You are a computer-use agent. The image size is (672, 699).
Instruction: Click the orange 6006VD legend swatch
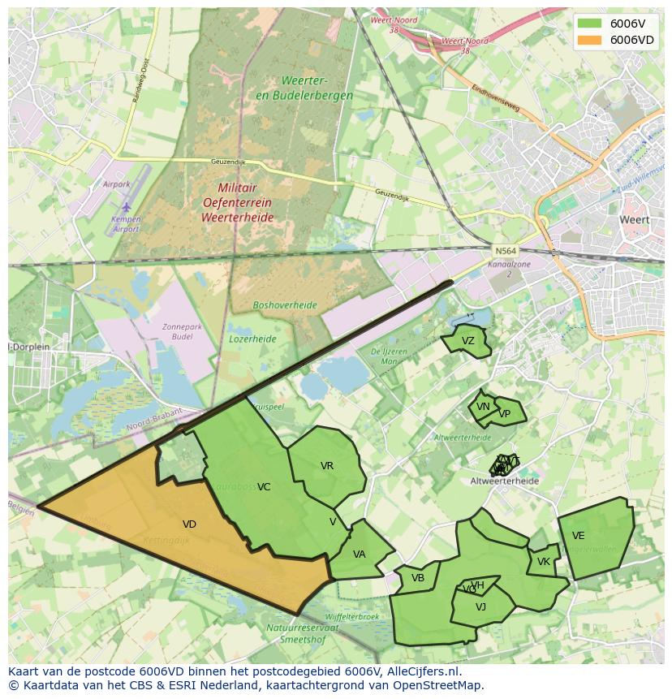[590, 40]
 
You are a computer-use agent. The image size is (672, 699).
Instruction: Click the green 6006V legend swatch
[590, 24]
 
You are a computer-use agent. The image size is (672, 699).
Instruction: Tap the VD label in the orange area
[189, 524]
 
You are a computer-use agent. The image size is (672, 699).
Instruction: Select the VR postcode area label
[327, 466]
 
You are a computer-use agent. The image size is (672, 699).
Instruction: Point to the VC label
[264, 487]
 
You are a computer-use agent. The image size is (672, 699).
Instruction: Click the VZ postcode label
[467, 341]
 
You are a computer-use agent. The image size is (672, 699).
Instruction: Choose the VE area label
[578, 536]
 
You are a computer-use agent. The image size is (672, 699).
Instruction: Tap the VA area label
[360, 554]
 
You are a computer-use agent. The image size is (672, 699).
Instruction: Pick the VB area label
[418, 578]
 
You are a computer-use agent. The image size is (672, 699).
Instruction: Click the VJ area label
[480, 607]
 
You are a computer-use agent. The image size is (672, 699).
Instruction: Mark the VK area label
[544, 562]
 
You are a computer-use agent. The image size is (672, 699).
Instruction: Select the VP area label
[505, 414]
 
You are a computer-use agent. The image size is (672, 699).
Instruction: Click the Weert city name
[634, 220]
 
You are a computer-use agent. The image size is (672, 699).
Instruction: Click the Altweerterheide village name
[504, 481]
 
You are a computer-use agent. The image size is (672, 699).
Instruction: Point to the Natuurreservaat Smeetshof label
[299, 633]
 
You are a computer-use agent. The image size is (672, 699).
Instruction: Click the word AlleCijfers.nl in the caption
[420, 671]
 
